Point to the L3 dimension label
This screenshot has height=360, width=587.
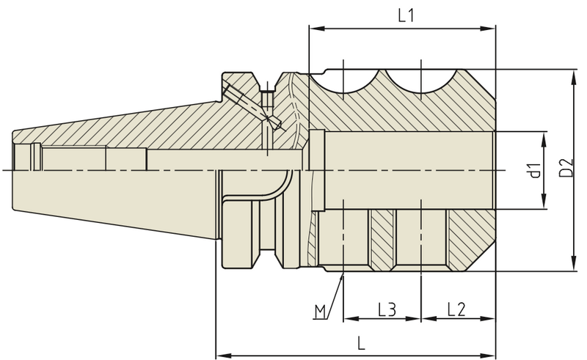pos(387,309)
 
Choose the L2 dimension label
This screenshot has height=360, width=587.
pos(456,309)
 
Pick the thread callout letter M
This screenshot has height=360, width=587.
pos(320,312)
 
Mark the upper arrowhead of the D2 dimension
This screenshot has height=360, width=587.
pos(573,76)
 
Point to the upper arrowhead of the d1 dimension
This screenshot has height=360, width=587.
pos(544,137)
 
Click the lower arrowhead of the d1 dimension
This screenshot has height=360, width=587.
pos(544,205)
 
